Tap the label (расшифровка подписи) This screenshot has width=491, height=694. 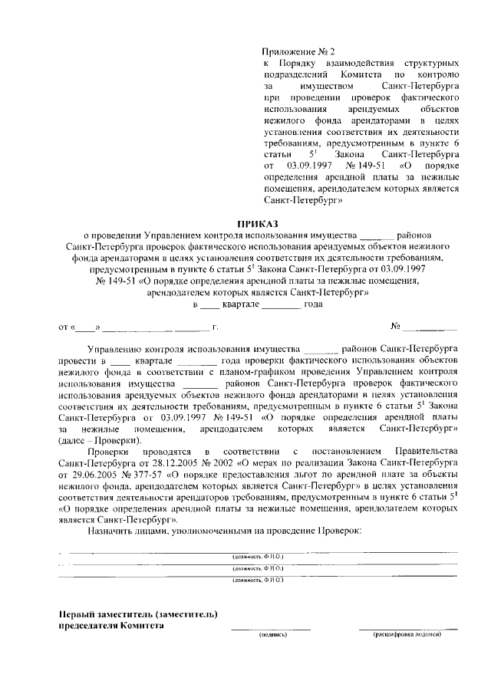(x=407, y=635)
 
